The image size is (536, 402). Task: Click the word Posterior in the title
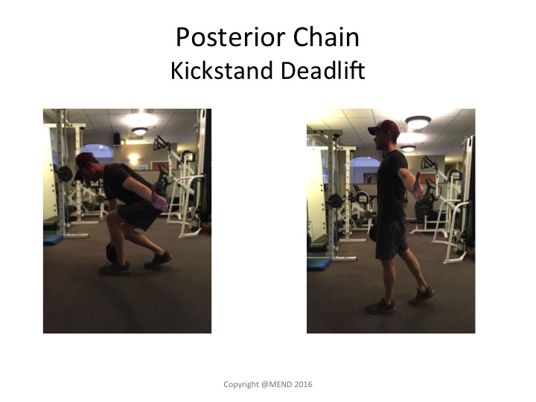[231, 37]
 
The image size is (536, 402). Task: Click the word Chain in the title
[326, 37]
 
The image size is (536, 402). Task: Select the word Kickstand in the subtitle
[222, 71]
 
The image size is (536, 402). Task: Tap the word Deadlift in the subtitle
[322, 71]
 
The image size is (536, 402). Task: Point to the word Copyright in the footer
[241, 385]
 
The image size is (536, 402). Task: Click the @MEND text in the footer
[277, 384]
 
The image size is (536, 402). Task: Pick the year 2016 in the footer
[303, 384]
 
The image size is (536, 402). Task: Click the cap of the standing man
[384, 128]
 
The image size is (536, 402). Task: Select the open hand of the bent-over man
[158, 200]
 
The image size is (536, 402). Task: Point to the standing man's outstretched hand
[418, 186]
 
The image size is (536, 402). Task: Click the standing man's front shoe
[380, 306]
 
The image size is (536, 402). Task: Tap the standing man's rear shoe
[421, 296]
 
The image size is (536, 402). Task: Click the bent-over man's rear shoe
[158, 260]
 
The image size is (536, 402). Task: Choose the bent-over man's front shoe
[115, 269]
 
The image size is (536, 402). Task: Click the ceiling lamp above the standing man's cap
[418, 122]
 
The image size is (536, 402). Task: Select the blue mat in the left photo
[52, 240]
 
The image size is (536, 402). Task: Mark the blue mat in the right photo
[319, 264]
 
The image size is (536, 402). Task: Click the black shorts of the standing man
[391, 237]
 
